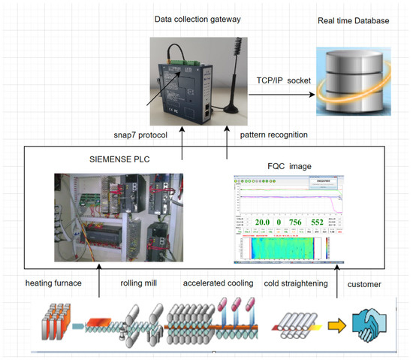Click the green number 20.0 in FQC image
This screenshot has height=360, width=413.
[261, 223]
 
